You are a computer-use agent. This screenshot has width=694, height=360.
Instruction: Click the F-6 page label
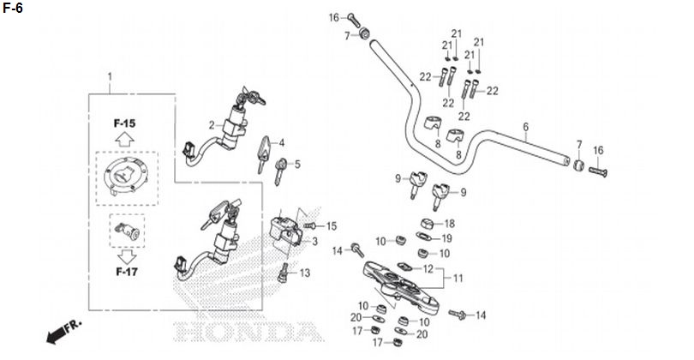click(12, 8)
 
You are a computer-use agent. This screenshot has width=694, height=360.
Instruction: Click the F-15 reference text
click(124, 123)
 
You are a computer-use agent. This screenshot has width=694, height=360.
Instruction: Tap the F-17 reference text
click(127, 272)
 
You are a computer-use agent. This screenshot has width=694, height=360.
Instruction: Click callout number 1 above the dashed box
click(110, 76)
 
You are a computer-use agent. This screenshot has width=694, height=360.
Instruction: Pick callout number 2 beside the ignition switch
click(212, 125)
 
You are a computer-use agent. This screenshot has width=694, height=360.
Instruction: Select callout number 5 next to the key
click(297, 165)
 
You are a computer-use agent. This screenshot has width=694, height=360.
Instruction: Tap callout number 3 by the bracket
click(314, 242)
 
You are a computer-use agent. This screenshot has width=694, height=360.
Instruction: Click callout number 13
click(305, 273)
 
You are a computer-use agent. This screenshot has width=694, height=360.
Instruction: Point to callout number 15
click(331, 226)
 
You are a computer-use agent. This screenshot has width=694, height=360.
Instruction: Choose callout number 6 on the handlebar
click(526, 127)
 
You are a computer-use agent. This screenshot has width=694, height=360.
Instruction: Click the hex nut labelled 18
click(427, 224)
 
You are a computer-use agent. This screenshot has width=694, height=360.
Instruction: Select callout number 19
click(447, 238)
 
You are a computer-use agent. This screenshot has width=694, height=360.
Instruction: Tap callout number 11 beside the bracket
click(458, 278)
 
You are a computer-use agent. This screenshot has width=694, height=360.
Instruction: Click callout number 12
click(428, 269)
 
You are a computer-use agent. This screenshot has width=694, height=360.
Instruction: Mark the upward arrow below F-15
click(124, 140)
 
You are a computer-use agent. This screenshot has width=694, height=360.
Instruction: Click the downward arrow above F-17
click(127, 256)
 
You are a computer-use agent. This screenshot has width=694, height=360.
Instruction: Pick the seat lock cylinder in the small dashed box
click(127, 231)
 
